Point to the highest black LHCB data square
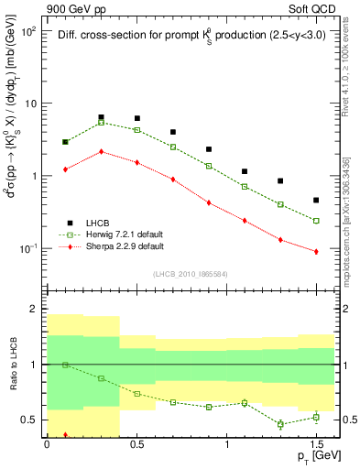pyautogui.click(x=101, y=117)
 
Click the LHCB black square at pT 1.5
pyautogui.click(x=316, y=200)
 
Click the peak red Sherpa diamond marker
pyautogui.click(x=101, y=151)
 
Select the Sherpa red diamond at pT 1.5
pyautogui.click(x=316, y=251)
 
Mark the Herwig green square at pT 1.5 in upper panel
pyautogui.click(x=316, y=221)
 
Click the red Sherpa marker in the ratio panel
pyautogui.click(x=65, y=435)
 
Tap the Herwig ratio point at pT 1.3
pyautogui.click(x=280, y=424)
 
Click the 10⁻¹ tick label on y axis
pyautogui.click(x=28, y=248)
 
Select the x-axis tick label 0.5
pyautogui.click(x=136, y=444)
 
